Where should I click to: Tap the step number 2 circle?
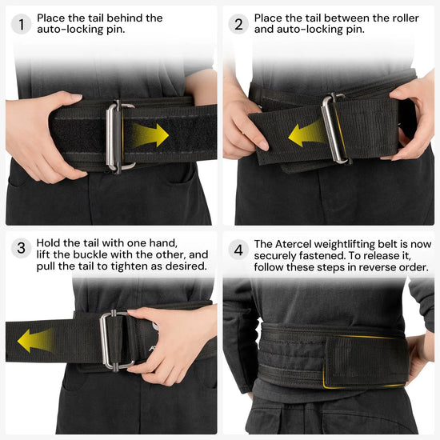point(238,23)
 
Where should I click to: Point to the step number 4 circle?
point(238,248)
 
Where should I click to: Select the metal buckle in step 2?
point(334,128)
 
